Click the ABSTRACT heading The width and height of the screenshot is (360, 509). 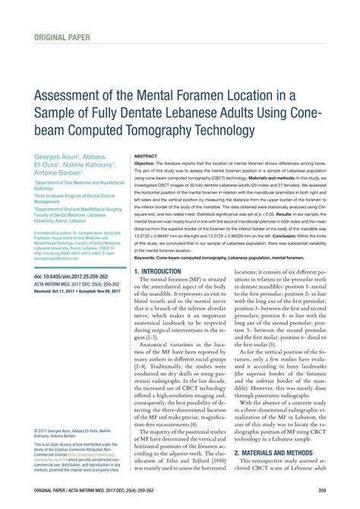point(145,155)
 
